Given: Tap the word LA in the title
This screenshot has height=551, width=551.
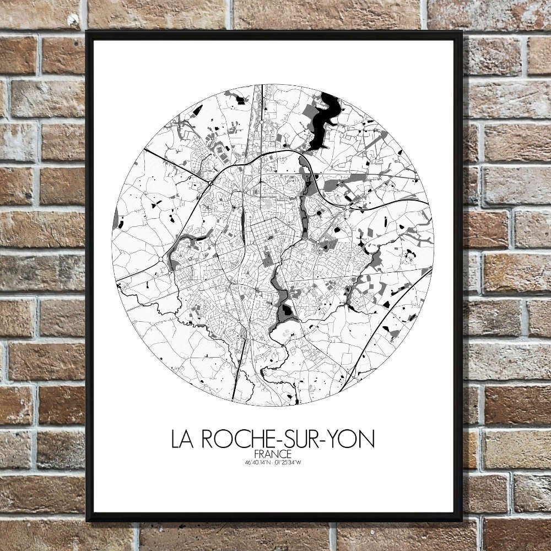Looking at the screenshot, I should [x=183, y=439].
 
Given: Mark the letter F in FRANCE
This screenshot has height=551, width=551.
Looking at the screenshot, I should [x=258, y=453].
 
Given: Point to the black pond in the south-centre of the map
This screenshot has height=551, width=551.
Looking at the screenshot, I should [x=287, y=312].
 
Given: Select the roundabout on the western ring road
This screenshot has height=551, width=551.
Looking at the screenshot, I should [x=161, y=259].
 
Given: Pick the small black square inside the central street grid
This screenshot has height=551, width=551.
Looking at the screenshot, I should [x=270, y=238].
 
